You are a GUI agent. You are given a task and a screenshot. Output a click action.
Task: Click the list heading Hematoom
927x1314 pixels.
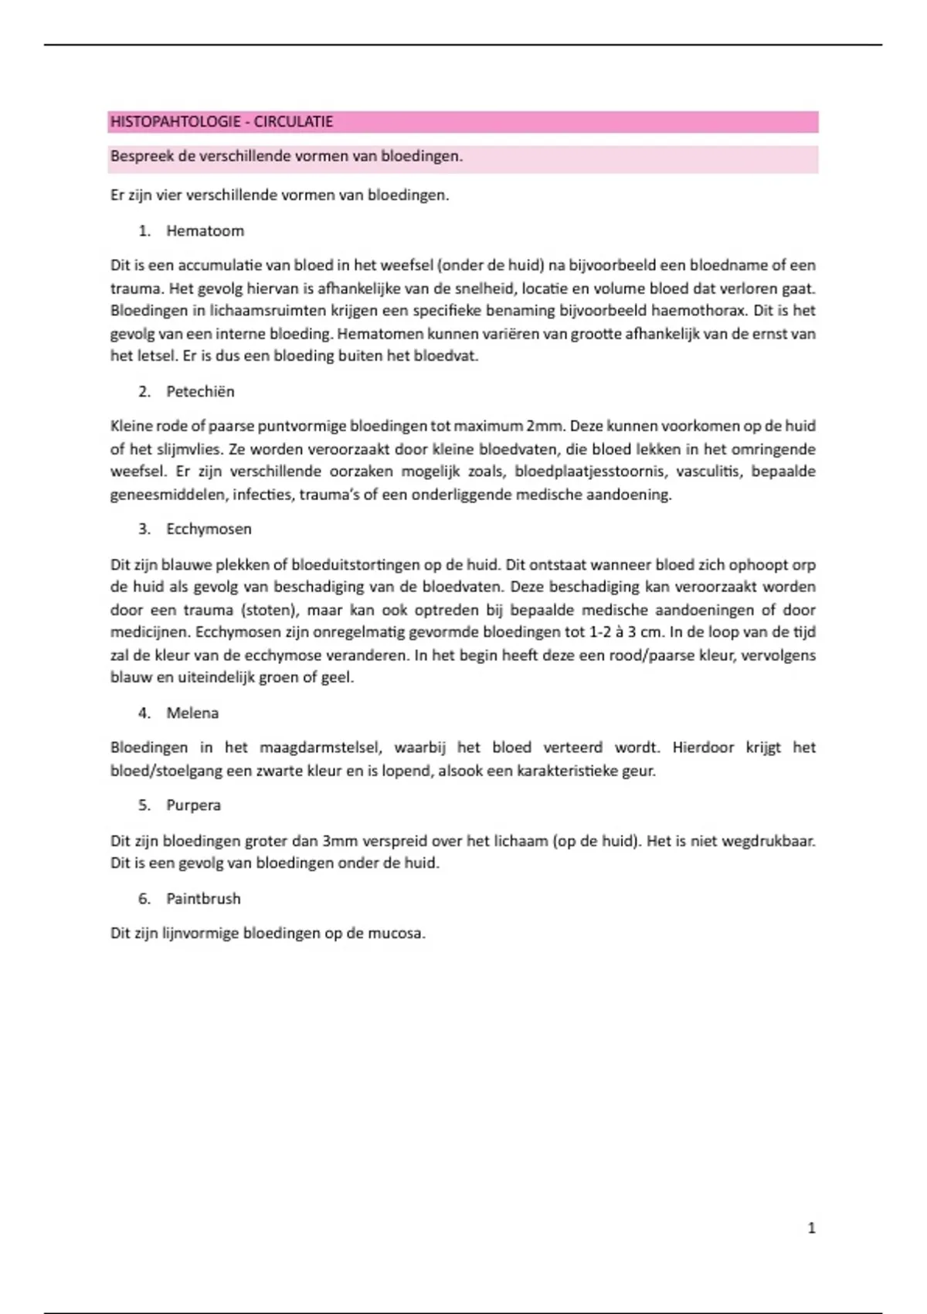coord(205,231)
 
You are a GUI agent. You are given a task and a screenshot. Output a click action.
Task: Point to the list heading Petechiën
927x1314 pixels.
coord(200,392)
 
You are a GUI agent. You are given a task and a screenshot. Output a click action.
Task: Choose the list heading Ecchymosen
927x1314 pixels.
coord(209,529)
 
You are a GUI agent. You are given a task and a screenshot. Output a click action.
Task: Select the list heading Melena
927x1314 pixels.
coord(192,713)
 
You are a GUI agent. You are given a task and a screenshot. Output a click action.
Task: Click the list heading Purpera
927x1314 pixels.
coord(193,805)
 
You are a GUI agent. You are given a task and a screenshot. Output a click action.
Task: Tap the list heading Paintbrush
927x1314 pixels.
coord(203,899)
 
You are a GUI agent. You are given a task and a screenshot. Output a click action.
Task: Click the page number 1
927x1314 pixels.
coord(811,1228)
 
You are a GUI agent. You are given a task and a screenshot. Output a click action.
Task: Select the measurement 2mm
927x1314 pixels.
coord(545,426)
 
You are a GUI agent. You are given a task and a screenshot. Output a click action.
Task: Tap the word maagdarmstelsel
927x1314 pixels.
coord(321,747)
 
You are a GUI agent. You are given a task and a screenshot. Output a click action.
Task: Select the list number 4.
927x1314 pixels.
coord(144,713)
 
